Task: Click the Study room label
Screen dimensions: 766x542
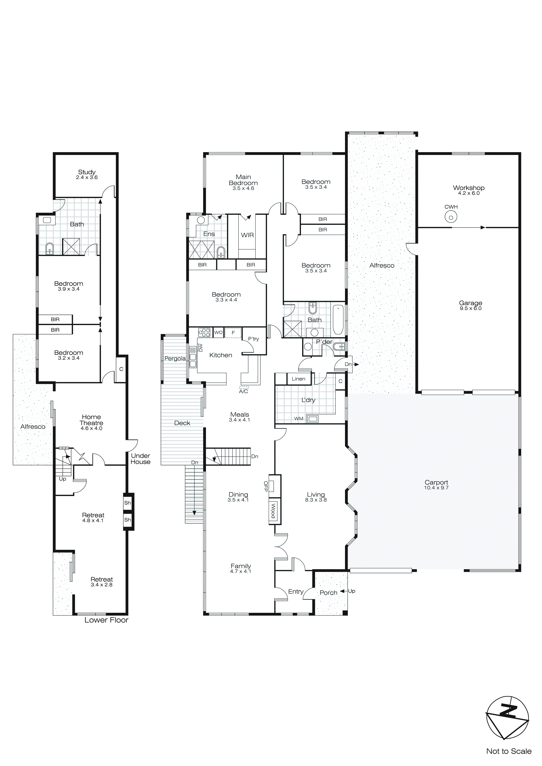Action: pos(87,172)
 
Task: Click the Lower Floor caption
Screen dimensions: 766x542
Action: pos(106,620)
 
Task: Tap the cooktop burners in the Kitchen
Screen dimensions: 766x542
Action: pos(204,332)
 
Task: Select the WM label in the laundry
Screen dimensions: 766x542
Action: pos(299,419)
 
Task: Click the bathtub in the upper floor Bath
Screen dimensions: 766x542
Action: pos(338,319)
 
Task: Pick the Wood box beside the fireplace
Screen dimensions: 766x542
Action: pos(273,511)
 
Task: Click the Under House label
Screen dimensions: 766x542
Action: pos(141,459)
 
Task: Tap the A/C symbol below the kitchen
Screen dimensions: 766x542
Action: pos(244,390)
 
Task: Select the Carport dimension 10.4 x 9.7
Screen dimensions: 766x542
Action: pos(436,488)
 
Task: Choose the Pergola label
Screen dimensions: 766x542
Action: pos(175,359)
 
